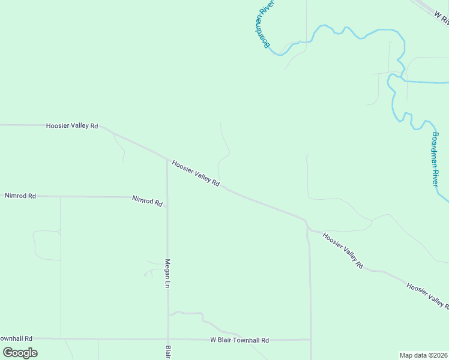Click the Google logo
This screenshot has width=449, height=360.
pos(20,353)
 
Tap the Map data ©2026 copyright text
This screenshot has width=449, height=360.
pos(424,355)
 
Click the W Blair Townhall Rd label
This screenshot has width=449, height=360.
pos(240,340)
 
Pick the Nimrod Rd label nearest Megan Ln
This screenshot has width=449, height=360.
pos(148,200)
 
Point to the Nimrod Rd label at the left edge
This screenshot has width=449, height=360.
pos(20,196)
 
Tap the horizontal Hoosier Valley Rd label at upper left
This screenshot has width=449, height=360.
pos(72,126)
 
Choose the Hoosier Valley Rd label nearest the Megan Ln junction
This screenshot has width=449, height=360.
pos(196,172)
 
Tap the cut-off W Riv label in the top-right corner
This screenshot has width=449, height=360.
pos(441,17)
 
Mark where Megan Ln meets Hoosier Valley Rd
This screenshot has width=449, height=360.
pos(167,159)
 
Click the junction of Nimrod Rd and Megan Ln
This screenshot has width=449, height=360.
pos(167,197)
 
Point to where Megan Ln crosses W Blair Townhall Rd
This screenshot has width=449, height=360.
pos(168,339)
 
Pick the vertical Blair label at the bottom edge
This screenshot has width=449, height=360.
pos(169,352)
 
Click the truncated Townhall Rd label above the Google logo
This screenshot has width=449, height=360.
pos(16,339)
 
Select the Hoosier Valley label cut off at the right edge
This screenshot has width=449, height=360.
pos(427,296)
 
